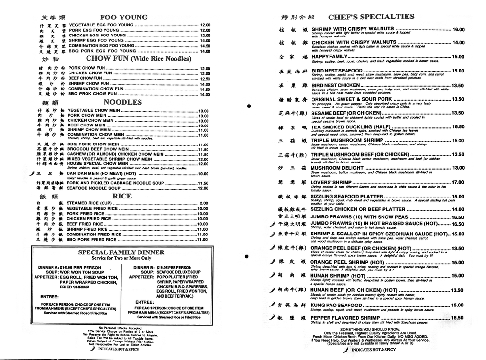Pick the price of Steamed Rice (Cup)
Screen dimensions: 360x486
coord(204,203)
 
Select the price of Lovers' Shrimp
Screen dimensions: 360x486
coord(458,182)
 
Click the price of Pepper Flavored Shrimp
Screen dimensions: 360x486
coord(458,318)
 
